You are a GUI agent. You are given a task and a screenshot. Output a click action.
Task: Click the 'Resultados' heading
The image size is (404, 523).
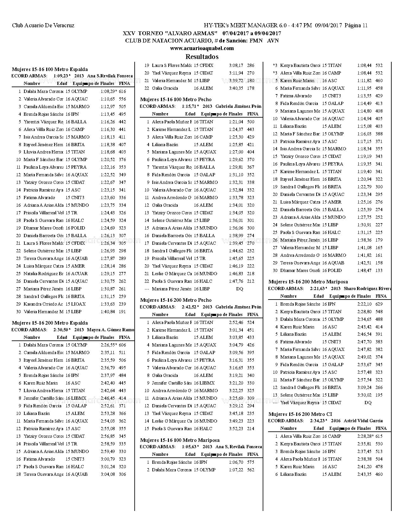202,57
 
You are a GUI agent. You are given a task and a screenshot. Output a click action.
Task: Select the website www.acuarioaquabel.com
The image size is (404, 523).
202,48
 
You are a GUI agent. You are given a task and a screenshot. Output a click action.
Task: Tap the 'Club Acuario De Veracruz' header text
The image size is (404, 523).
43,25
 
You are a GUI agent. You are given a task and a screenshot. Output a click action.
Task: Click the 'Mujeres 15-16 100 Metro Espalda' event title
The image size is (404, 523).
50,69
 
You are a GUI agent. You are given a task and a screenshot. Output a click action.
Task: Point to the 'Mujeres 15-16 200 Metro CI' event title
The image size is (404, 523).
300,414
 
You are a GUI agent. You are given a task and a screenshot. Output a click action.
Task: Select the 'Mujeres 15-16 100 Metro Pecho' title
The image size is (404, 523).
176,99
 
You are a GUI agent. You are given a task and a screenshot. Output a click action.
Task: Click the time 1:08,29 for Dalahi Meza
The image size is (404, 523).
108,91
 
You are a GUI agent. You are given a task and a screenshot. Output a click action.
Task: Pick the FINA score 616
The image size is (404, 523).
122,91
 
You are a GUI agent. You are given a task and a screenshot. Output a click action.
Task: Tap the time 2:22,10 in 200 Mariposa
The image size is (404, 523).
364,304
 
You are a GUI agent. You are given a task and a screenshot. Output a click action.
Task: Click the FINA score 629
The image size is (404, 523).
379,304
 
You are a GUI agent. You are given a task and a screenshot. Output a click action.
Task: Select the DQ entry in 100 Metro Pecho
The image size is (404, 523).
240,289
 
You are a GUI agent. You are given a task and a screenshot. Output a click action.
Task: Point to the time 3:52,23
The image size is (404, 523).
236,429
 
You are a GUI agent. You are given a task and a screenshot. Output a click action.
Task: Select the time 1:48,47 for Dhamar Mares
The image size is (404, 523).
364,270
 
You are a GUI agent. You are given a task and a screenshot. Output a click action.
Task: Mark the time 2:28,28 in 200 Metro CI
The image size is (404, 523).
364,436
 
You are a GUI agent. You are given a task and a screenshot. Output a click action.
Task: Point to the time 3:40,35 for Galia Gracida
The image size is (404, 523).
236,88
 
